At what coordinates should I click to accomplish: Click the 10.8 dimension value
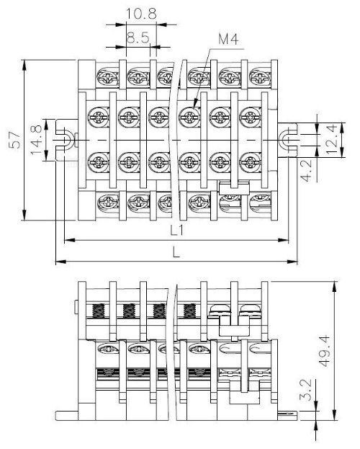click(x=141, y=14)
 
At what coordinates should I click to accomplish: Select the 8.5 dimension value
click(x=138, y=37)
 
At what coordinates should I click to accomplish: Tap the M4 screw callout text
click(x=228, y=39)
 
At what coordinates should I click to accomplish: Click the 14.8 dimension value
click(x=36, y=140)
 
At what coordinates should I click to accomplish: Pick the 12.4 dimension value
click(x=332, y=139)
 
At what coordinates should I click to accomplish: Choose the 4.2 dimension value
click(x=307, y=171)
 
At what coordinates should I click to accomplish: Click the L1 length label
click(x=177, y=230)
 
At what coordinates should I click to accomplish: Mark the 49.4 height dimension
click(x=325, y=351)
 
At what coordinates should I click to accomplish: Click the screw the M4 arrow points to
click(x=189, y=117)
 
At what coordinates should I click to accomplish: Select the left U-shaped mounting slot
click(x=66, y=140)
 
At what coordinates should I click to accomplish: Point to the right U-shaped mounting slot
click(x=288, y=140)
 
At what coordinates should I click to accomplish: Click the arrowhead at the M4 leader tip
click(x=195, y=103)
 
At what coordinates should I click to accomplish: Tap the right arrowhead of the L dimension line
click(x=292, y=261)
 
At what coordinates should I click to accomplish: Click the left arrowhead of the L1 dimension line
click(x=70, y=240)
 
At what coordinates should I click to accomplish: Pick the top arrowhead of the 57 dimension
click(x=24, y=65)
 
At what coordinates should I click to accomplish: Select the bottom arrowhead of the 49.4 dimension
click(x=334, y=415)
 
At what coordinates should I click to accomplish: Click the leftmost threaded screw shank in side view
click(x=99, y=311)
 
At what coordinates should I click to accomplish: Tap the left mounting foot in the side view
click(x=67, y=416)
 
